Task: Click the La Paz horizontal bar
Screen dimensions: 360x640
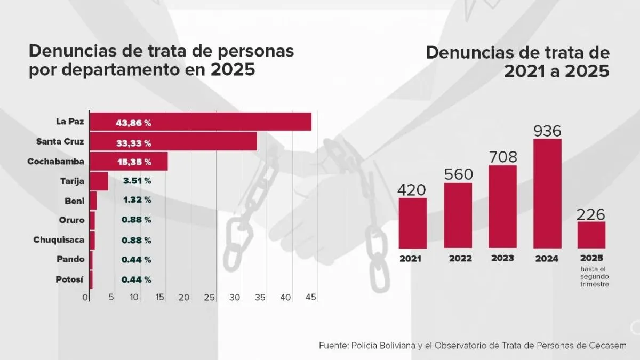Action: [200, 122]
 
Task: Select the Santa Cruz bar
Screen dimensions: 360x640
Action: [173, 141]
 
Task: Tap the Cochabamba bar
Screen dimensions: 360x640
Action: [128, 161]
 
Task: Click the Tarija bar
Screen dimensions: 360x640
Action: [99, 181]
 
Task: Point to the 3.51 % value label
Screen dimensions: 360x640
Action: [137, 181]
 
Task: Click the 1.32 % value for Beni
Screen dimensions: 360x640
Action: [137, 200]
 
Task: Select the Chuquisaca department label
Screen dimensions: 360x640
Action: [59, 239]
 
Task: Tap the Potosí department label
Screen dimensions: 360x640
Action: [70, 279]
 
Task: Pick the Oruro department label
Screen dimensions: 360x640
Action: [71, 220]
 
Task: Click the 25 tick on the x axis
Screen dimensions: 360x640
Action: [209, 297]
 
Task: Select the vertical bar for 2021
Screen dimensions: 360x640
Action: [413, 223]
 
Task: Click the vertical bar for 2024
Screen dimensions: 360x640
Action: [547, 194]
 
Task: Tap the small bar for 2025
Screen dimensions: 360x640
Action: [591, 235]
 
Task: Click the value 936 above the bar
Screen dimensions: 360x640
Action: [547, 130]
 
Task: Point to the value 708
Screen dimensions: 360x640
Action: [503, 157]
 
